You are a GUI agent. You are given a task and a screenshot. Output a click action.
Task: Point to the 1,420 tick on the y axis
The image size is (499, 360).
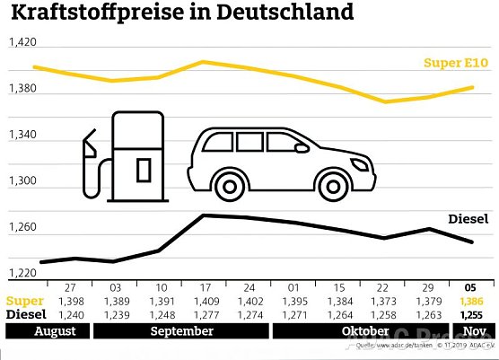coord(22,43)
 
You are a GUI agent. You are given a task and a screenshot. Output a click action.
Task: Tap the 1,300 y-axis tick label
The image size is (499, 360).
coord(22,181)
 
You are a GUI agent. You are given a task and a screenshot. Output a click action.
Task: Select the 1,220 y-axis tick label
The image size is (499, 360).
coord(22,274)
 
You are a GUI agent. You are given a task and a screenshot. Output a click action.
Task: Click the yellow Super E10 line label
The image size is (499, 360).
coord(456,63)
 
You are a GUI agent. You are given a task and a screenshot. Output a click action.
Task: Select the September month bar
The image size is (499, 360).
coord(181,331)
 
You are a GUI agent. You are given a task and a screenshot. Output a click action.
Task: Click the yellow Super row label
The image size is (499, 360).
coord(24,301)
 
